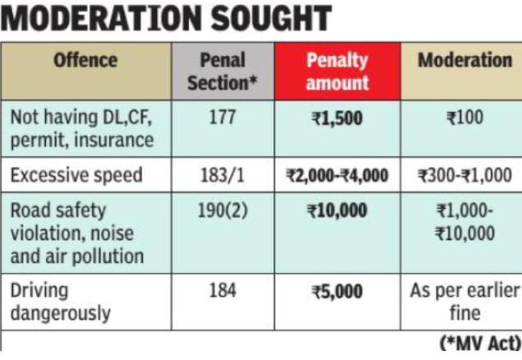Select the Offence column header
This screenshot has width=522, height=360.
tap(85, 61)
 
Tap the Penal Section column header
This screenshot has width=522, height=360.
tap(223, 72)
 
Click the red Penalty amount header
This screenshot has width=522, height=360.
tap(337, 72)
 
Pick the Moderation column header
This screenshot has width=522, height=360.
tap(464, 61)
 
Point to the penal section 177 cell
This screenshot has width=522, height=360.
tap(223, 118)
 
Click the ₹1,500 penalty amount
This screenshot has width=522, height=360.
tap(337, 118)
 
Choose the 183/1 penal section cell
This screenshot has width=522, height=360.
tap(223, 175)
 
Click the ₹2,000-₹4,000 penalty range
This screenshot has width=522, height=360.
tap(337, 175)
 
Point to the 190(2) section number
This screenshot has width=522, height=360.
tap(223, 210)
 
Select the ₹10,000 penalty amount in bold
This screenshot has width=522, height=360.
tap(337, 210)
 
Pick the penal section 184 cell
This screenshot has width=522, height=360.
tap(223, 291)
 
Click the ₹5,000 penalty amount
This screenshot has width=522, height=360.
tap(337, 291)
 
